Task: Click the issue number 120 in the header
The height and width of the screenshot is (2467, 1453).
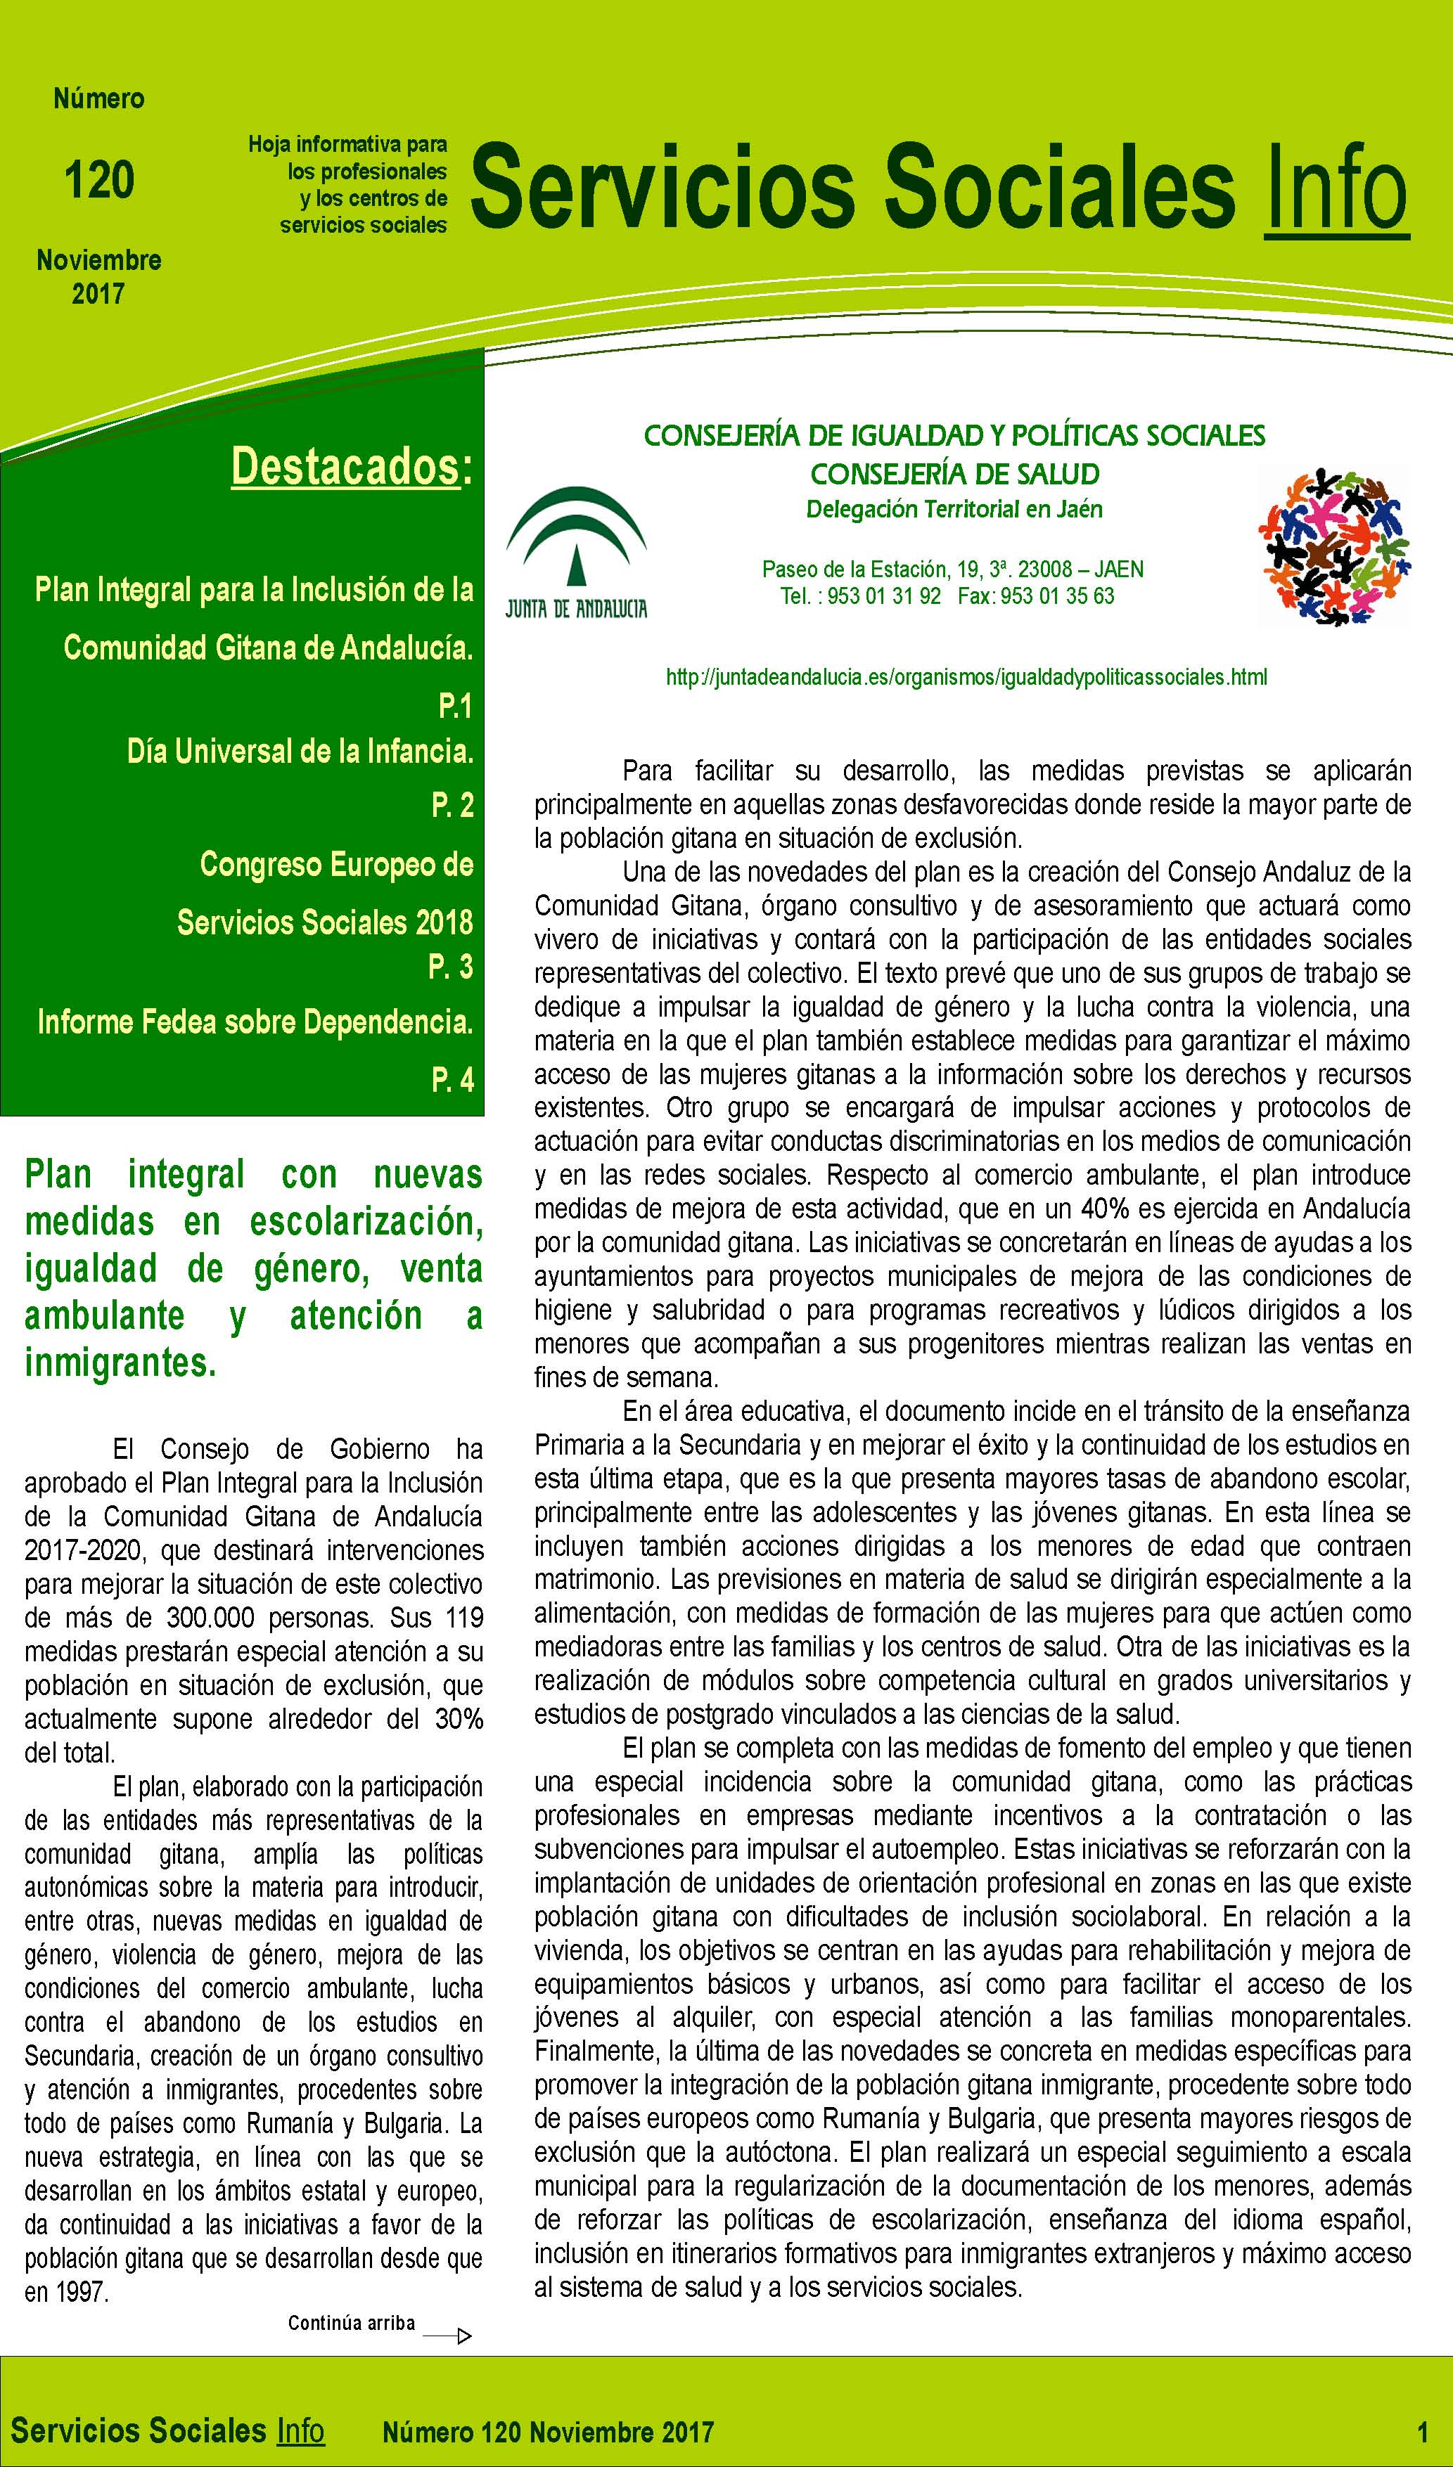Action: (x=99, y=180)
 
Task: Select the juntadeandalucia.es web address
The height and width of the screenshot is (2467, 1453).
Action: (x=966, y=676)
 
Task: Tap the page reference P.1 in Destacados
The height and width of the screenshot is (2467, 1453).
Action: (x=455, y=705)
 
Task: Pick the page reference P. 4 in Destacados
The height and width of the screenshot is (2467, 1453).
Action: (x=452, y=1080)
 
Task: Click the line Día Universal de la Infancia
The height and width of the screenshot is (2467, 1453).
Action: (x=300, y=751)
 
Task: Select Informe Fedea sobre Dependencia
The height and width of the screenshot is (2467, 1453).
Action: (x=255, y=1022)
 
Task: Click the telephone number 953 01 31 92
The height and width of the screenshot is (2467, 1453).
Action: (x=883, y=596)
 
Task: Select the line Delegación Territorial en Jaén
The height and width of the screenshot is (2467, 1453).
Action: (x=954, y=509)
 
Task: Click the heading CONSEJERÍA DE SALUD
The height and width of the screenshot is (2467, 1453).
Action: (x=954, y=475)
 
